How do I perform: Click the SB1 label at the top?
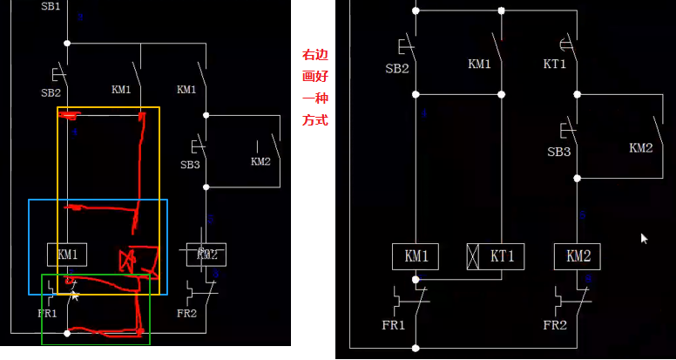[x=51, y=6]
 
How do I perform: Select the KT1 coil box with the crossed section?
[x=490, y=256]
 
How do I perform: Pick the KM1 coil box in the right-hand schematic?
[x=416, y=256]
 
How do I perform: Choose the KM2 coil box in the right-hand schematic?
[x=578, y=256]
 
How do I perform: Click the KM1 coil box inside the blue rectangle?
[x=68, y=255]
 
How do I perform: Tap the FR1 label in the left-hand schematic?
[x=47, y=314]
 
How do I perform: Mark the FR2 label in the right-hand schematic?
[x=555, y=325]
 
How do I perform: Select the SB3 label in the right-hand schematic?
[x=558, y=152]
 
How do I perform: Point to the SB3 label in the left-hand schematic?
[x=190, y=164]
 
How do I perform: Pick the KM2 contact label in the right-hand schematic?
[x=640, y=148]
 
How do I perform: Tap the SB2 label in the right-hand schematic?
[x=396, y=68]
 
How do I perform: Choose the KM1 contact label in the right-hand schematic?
[x=480, y=64]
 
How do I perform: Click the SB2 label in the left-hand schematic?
[x=51, y=92]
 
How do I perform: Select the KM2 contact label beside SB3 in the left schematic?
[x=260, y=161]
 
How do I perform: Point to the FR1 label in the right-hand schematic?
[x=393, y=325]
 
